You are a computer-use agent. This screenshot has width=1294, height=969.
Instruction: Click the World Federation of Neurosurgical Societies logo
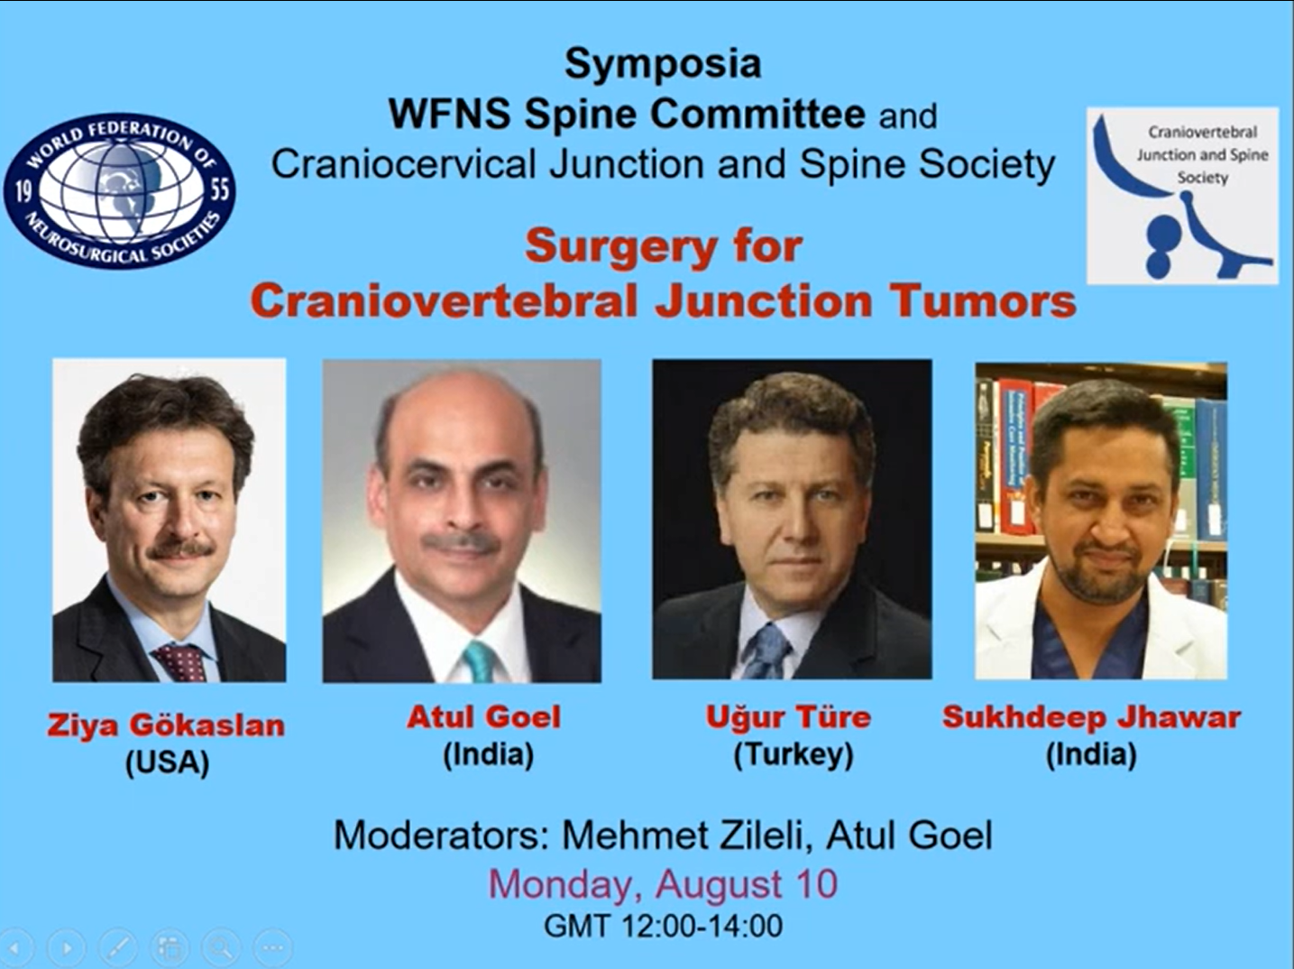[x=120, y=191]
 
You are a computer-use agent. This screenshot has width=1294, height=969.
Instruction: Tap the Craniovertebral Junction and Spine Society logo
[x=1182, y=195]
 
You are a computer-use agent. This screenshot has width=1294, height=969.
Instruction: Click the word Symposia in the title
[x=663, y=64]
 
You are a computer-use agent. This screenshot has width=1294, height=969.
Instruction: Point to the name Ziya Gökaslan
[x=166, y=724]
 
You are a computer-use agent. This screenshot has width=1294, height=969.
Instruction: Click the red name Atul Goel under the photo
[x=483, y=717]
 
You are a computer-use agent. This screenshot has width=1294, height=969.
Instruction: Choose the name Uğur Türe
[x=788, y=717]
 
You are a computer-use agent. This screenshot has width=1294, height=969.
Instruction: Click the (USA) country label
[x=168, y=764]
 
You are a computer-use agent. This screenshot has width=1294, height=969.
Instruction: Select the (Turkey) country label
[x=794, y=755]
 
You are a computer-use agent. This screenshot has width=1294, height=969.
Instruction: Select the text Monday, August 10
[x=663, y=884]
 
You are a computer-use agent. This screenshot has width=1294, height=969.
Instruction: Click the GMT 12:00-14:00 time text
[x=663, y=926]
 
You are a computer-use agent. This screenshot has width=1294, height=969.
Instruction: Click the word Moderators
[x=440, y=835]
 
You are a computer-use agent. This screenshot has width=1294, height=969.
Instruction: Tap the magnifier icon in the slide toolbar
[x=221, y=947]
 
